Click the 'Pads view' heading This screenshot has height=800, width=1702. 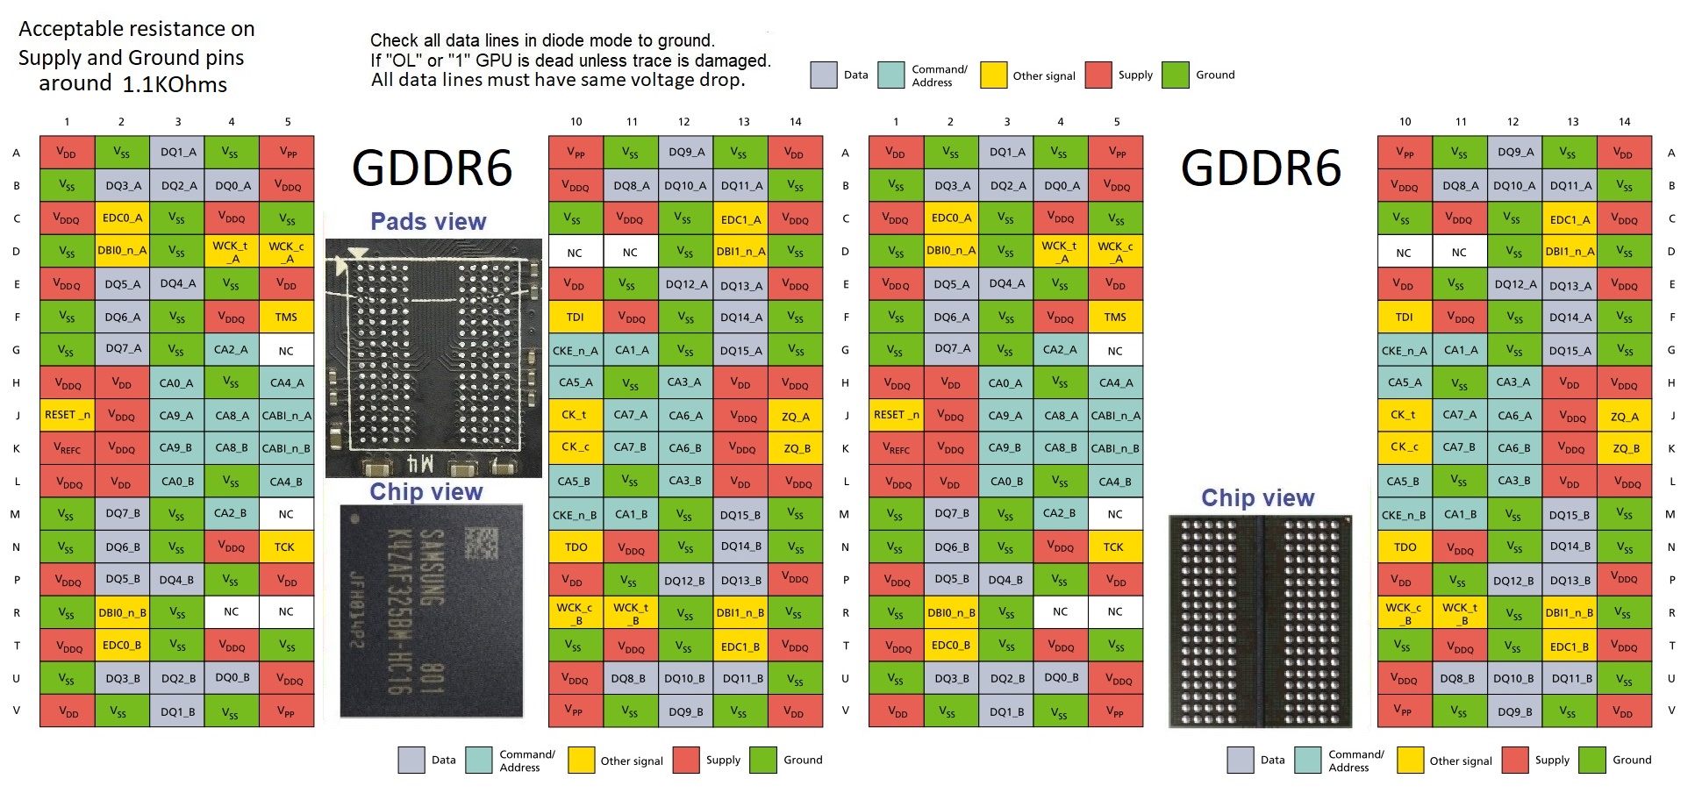[428, 222]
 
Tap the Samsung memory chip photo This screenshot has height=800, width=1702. [432, 611]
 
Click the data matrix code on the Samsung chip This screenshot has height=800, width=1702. [480, 543]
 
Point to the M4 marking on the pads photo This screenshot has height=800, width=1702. [420, 462]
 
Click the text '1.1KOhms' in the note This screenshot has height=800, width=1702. [175, 85]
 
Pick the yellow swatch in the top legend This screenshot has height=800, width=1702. [993, 75]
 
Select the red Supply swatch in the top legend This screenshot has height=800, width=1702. [1098, 75]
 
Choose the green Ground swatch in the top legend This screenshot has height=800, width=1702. [1175, 75]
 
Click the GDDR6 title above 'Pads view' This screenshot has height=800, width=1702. [432, 168]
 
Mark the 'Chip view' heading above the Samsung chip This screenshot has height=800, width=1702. [426, 492]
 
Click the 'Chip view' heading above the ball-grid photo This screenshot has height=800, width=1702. [1257, 498]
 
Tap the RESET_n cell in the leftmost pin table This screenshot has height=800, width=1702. [67, 415]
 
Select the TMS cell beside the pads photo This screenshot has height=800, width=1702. [286, 317]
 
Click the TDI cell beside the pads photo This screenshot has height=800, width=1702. [576, 317]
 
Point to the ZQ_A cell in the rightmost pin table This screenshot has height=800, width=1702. [1624, 416]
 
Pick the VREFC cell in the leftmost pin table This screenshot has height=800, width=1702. [67, 448]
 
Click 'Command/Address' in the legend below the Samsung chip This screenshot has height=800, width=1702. [526, 761]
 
